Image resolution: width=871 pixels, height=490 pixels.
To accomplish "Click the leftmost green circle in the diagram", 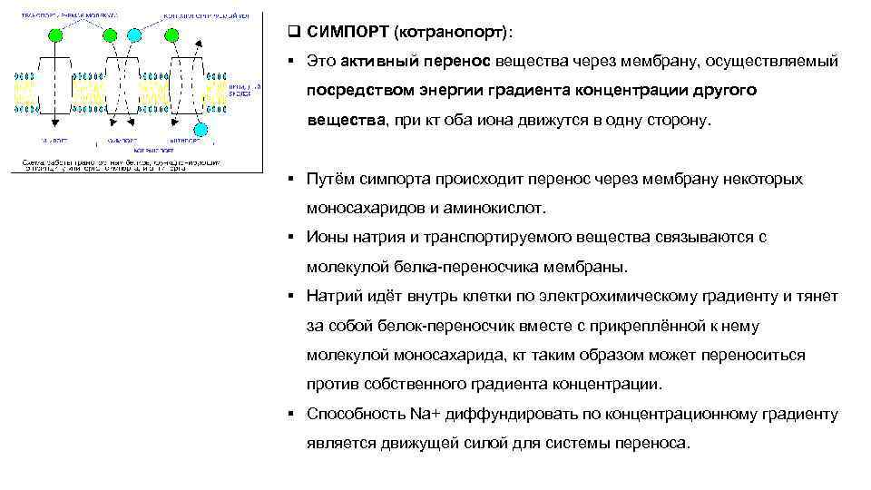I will point(54,34).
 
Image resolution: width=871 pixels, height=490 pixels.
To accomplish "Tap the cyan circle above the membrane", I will point(135,34).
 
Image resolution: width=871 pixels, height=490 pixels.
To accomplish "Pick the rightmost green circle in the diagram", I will point(171,34).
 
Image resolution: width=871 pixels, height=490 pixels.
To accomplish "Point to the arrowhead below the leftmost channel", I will point(55,122).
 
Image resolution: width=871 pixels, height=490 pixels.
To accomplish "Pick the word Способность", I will point(356,415).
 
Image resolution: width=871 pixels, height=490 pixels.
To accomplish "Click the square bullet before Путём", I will point(287,179).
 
